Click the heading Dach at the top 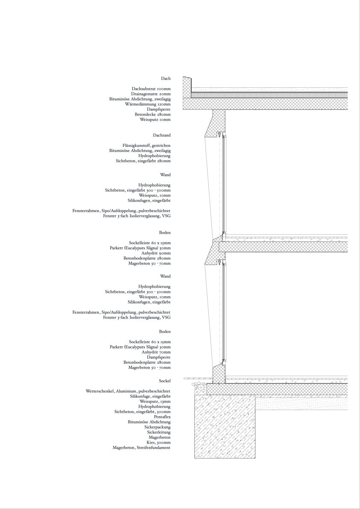(x=166, y=79)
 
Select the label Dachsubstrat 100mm (x=151, y=89)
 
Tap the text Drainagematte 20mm (x=151, y=94)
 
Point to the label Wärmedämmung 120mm (x=148, y=104)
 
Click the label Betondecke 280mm (x=152, y=114)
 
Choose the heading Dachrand (x=161, y=135)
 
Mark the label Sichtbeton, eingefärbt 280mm (x=143, y=161)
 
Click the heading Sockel (x=164, y=381)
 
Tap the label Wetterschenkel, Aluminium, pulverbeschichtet (x=128, y=391)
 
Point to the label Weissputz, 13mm (x=155, y=402)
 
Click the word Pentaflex (x=162, y=417)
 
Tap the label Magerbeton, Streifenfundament (x=141, y=448)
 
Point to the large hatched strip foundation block (x=225, y=426)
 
